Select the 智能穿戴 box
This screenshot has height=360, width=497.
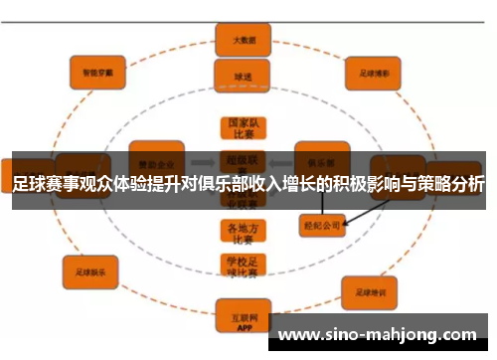[96, 72]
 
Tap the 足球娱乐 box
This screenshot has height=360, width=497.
[90, 267]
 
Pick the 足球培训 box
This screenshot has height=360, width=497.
[371, 292]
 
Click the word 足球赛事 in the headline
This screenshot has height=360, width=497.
[46, 185]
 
